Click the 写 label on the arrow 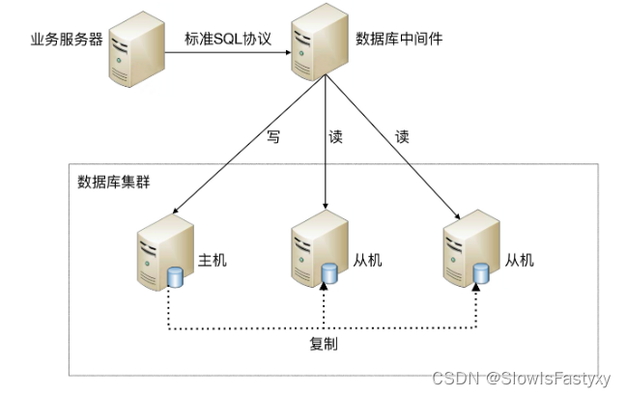pos(272,136)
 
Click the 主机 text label pos(213,261)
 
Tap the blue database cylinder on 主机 pos(176,278)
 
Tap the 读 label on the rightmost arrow pos(402,136)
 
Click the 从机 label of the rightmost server pos(520,261)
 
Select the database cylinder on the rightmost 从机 pos(480,278)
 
